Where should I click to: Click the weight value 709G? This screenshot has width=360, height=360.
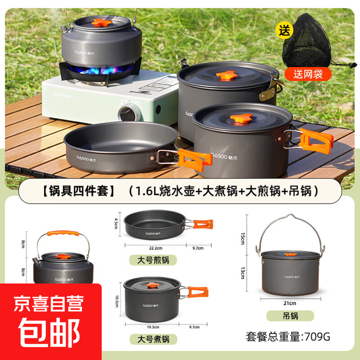pyautogui.click(x=316, y=336)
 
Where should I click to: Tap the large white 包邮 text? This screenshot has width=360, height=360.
pyautogui.click(x=50, y=332)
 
